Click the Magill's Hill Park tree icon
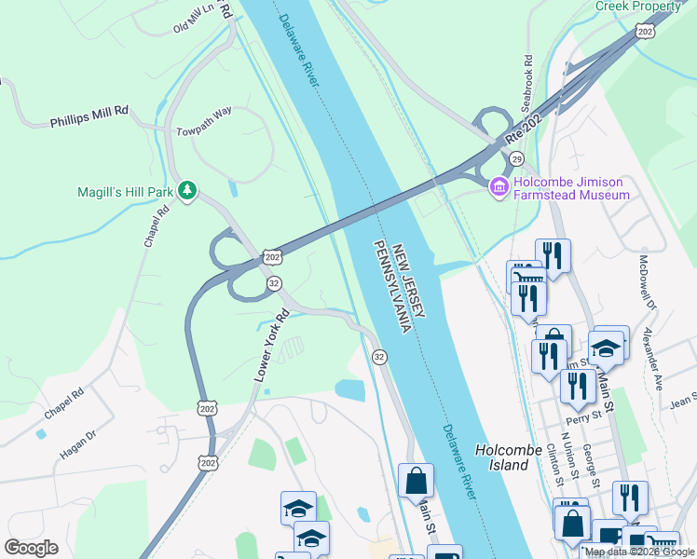[x=187, y=191]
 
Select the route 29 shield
[x=515, y=159]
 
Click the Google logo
[x=31, y=547]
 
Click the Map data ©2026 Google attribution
[x=639, y=552]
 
